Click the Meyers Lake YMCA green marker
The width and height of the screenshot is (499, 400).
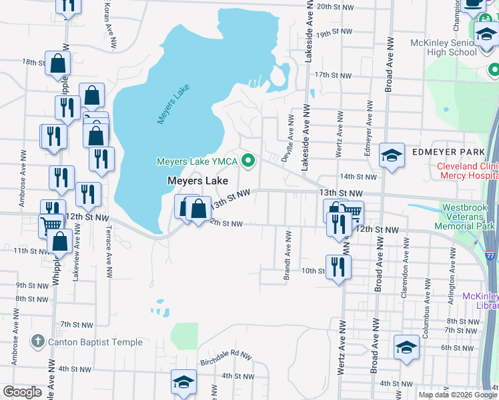[x=249, y=161]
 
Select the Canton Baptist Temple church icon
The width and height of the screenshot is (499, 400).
[x=37, y=342]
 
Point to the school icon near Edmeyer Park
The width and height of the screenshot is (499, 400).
[x=392, y=156]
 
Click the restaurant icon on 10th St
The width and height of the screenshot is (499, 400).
[x=339, y=267]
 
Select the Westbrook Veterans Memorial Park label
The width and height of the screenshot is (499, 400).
[x=468, y=217]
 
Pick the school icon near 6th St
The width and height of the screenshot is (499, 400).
[x=406, y=347]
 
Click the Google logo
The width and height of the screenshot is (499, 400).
[x=22, y=392]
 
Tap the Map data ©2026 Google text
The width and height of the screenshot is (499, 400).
[x=457, y=395]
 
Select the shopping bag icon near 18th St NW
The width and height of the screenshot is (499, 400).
[x=58, y=63]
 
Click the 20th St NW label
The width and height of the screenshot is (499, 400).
[x=334, y=6]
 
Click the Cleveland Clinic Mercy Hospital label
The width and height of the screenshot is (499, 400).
[x=467, y=171]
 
